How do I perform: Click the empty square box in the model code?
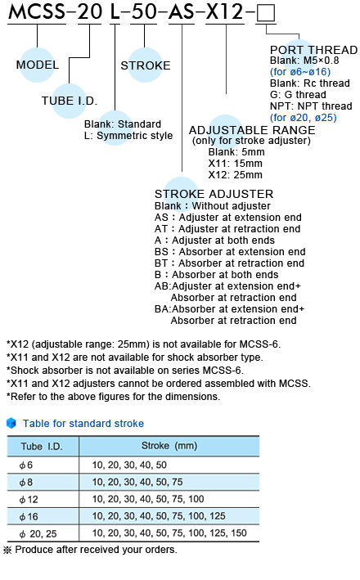266,13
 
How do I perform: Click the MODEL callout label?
38,65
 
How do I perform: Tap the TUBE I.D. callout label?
70,101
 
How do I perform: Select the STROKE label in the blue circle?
146,65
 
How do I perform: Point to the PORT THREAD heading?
313,50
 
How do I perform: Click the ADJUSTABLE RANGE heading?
252,130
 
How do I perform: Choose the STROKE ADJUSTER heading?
214,194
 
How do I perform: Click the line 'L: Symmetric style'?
128,136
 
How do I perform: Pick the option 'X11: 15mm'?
236,164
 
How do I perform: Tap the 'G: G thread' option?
298,95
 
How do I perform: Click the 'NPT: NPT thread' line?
311,106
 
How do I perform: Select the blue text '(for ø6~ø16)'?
300,72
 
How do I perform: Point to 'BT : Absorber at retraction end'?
229,263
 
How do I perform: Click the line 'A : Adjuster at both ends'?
214,240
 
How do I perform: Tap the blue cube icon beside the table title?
11,423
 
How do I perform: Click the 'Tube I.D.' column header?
42,447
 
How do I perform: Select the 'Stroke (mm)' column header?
169,446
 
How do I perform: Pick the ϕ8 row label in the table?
26,483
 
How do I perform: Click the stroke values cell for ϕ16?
159,516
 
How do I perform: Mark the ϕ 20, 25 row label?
38,533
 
